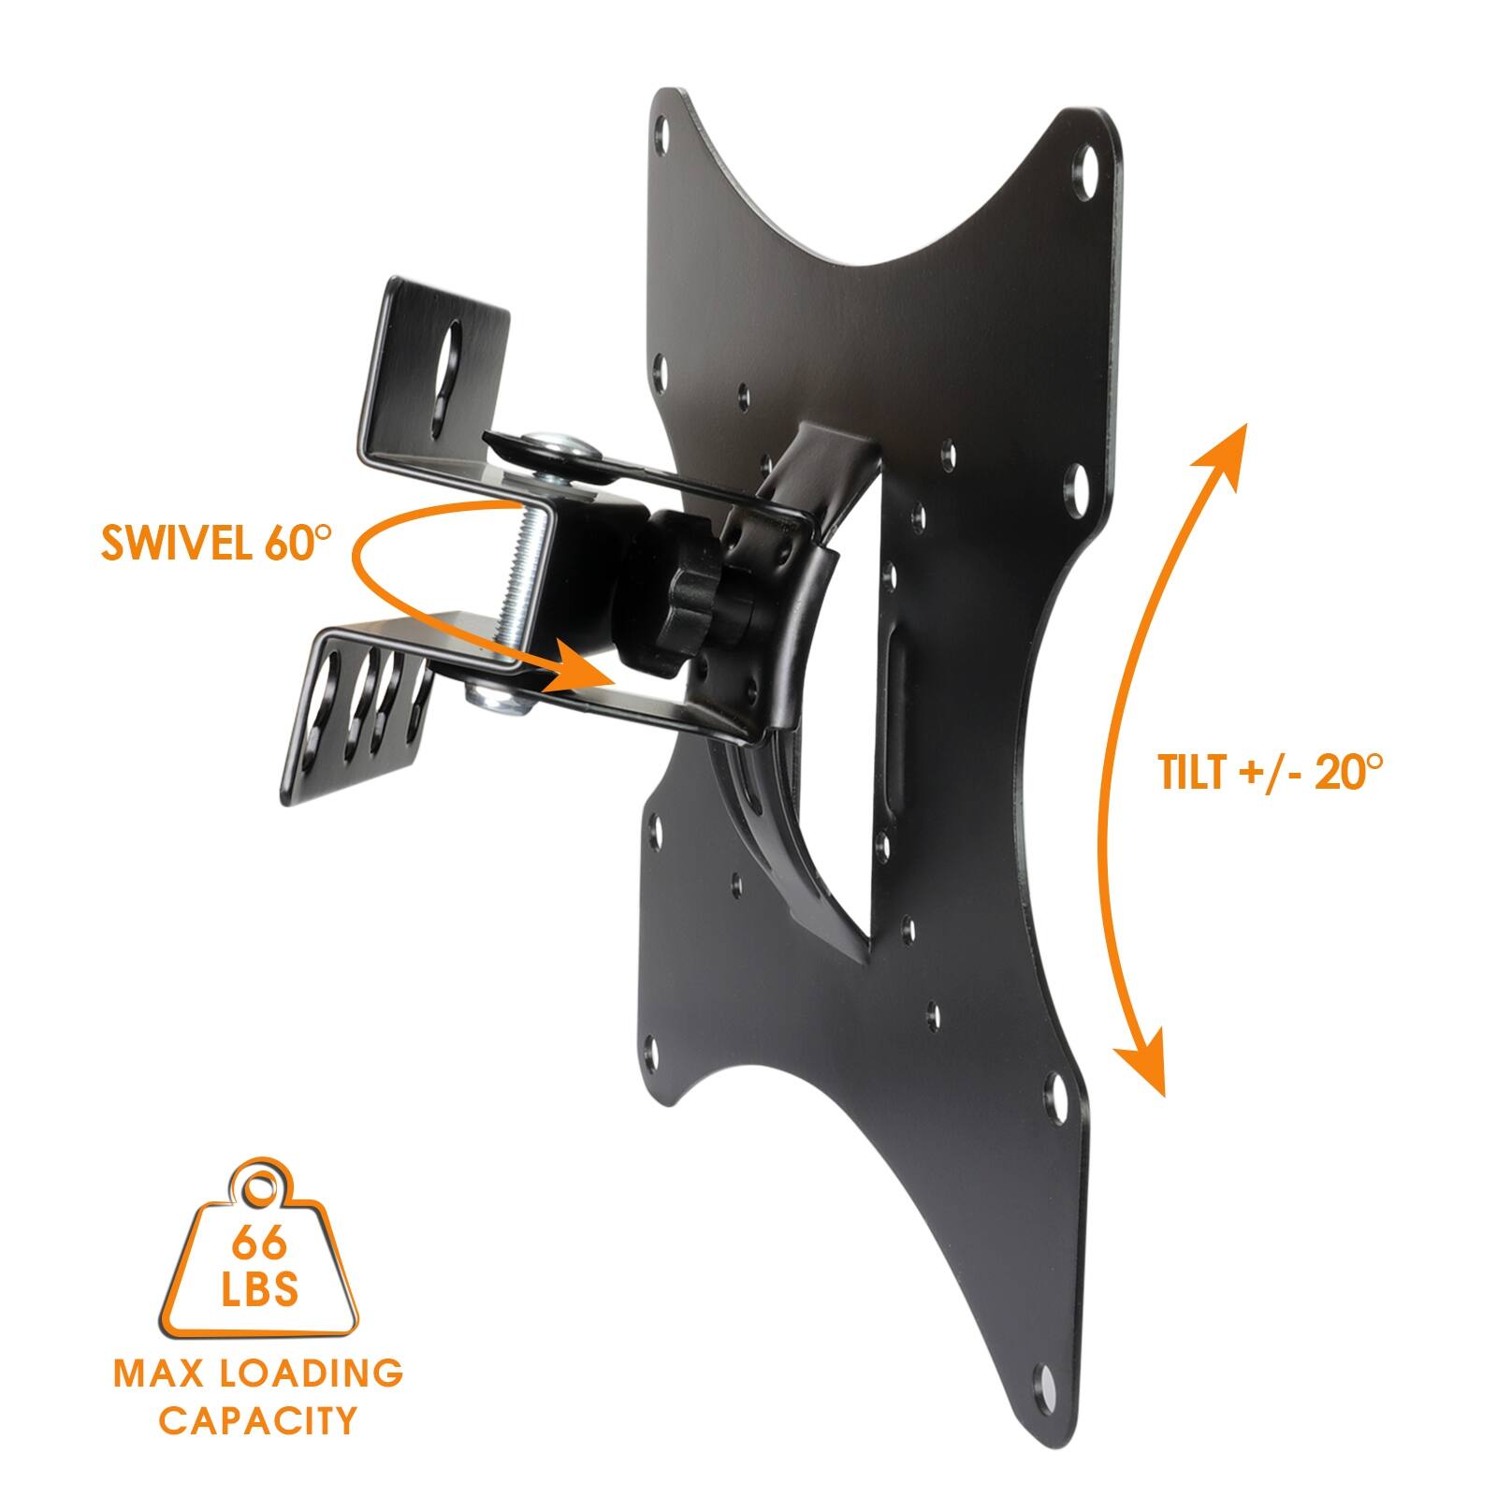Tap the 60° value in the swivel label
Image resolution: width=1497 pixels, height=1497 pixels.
coord(298,543)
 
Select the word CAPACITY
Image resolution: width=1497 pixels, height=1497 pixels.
coord(258,1420)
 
